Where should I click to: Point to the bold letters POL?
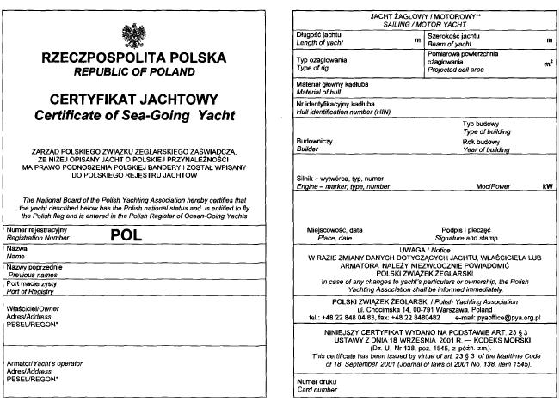(128, 234)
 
